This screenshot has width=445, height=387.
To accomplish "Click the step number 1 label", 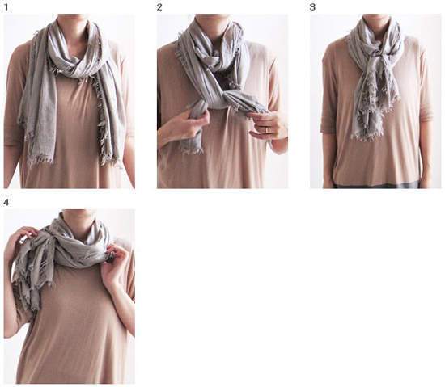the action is tap(6, 7).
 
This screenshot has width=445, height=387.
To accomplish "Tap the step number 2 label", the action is tap(159, 7).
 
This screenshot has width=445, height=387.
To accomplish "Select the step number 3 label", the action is tap(312, 7).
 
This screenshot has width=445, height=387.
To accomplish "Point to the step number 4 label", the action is tap(6, 203).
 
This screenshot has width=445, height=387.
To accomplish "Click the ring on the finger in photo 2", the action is tap(266, 130).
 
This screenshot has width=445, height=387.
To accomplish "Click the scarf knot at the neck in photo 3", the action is tap(378, 54).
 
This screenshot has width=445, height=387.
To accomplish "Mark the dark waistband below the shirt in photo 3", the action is tap(376, 185).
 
